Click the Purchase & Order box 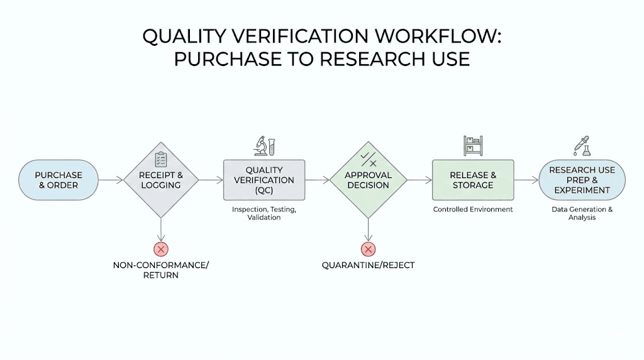(x=58, y=180)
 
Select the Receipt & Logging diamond (x=161, y=180)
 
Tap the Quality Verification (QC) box (x=264, y=180)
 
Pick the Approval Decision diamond (x=368, y=180)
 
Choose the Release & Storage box (x=472, y=180)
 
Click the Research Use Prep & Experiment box (x=582, y=180)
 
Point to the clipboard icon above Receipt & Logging (x=161, y=159)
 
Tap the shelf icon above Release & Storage (x=472, y=146)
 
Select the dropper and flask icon (x=582, y=146)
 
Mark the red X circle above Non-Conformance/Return (x=161, y=249)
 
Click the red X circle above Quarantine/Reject (x=368, y=249)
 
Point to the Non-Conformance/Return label (x=161, y=270)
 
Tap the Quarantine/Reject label (x=368, y=265)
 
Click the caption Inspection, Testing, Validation (x=264, y=213)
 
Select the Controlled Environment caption (x=472, y=209)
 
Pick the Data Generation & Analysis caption (x=582, y=213)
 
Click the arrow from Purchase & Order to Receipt (x=111, y=181)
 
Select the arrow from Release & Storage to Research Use (x=526, y=181)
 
